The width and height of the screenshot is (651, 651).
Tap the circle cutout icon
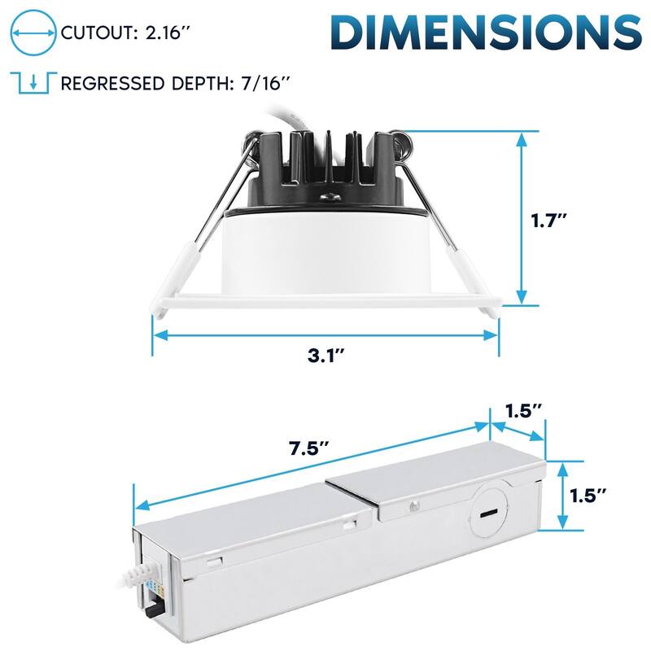(31, 33)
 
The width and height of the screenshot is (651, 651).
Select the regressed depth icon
(31, 82)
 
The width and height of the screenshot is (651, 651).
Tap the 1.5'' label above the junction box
(523, 411)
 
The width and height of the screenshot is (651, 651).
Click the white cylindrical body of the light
(325, 252)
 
